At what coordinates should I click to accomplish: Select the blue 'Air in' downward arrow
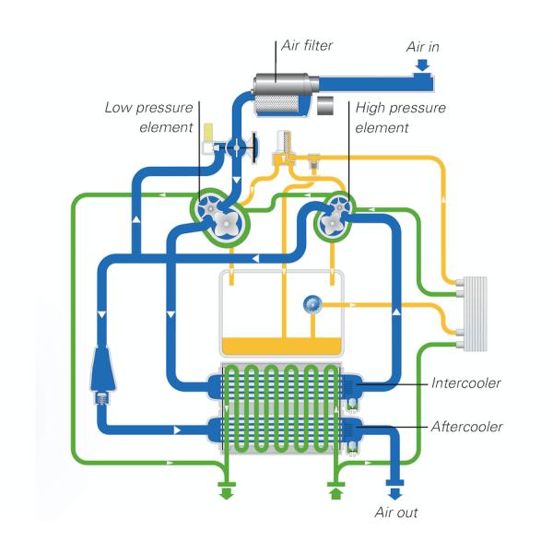pyautogui.click(x=423, y=65)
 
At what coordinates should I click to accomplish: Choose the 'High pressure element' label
pyautogui.click(x=400, y=118)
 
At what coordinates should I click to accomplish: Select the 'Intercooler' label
pyautogui.click(x=465, y=382)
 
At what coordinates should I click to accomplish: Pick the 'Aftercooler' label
pyautogui.click(x=467, y=427)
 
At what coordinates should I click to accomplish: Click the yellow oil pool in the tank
pyautogui.click(x=281, y=345)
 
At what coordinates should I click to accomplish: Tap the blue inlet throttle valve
pyautogui.click(x=238, y=146)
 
